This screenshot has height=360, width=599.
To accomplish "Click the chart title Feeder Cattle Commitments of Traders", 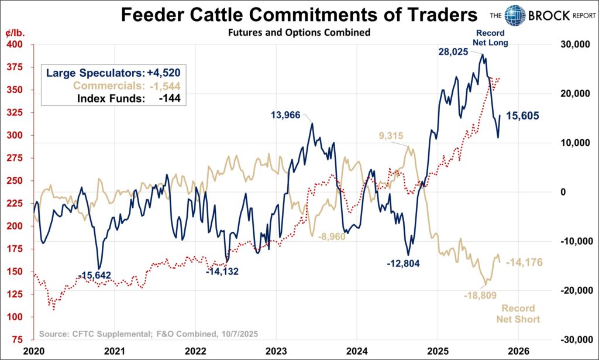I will [299, 16].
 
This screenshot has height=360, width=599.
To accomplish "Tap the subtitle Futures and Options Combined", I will [299, 33].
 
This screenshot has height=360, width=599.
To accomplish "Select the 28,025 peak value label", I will [457, 52].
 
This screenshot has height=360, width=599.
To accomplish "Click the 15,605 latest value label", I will [523, 116].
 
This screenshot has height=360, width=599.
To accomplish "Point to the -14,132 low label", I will [225, 271].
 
